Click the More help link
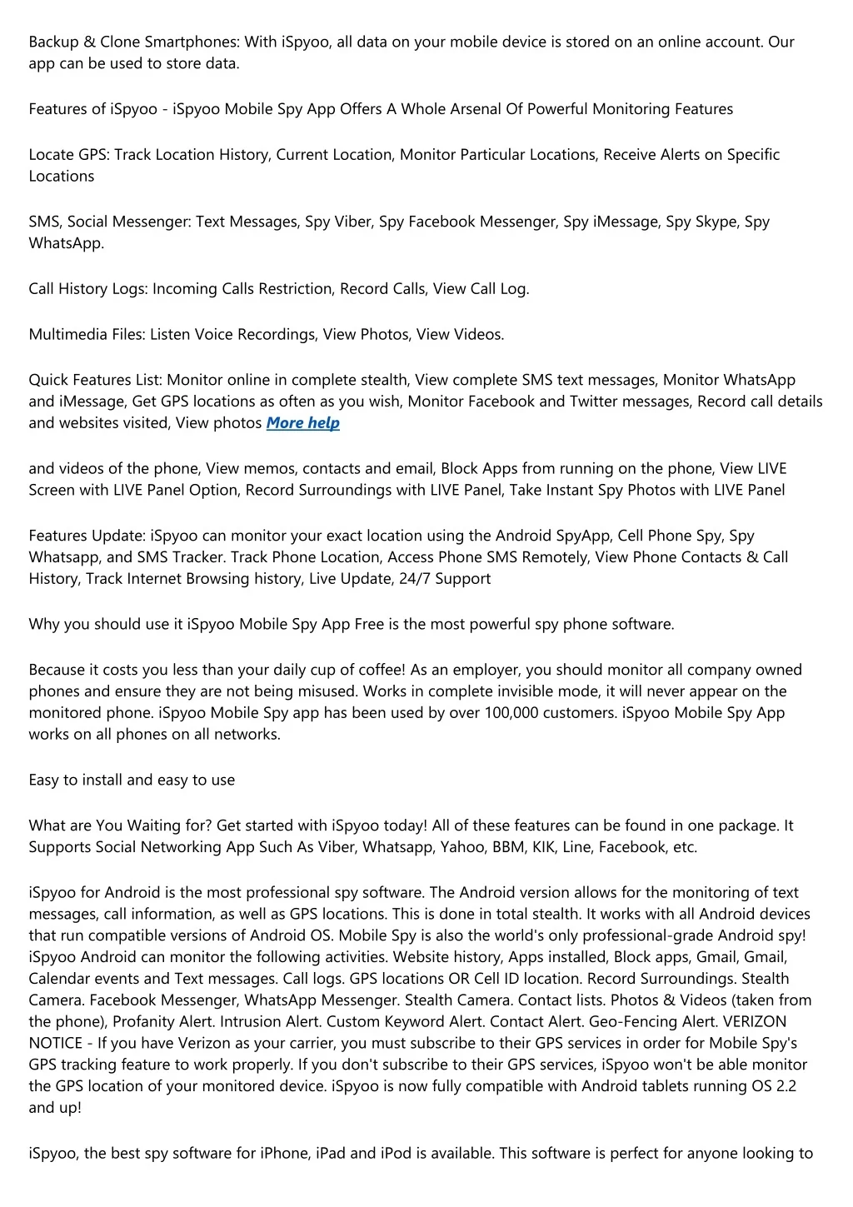[302, 423]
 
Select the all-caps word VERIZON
[755, 1021]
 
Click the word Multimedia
[67, 335]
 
